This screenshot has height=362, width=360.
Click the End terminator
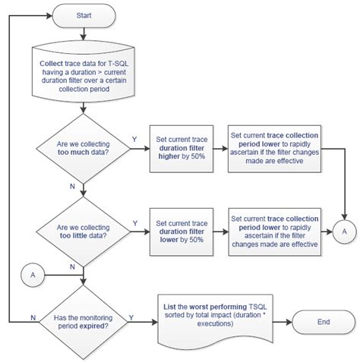(324, 322)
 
